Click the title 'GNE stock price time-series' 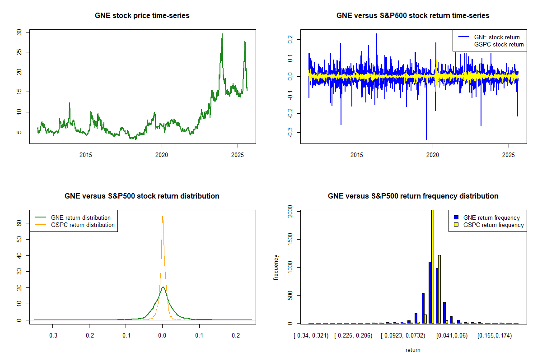142,16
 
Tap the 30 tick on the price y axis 19,32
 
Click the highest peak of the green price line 222,34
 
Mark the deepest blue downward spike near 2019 426,139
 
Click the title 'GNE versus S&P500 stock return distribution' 142,196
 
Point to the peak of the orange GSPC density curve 162,217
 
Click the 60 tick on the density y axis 19,223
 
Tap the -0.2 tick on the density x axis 89,335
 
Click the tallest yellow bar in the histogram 433,266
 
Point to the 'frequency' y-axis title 276,267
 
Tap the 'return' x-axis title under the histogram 413,350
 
